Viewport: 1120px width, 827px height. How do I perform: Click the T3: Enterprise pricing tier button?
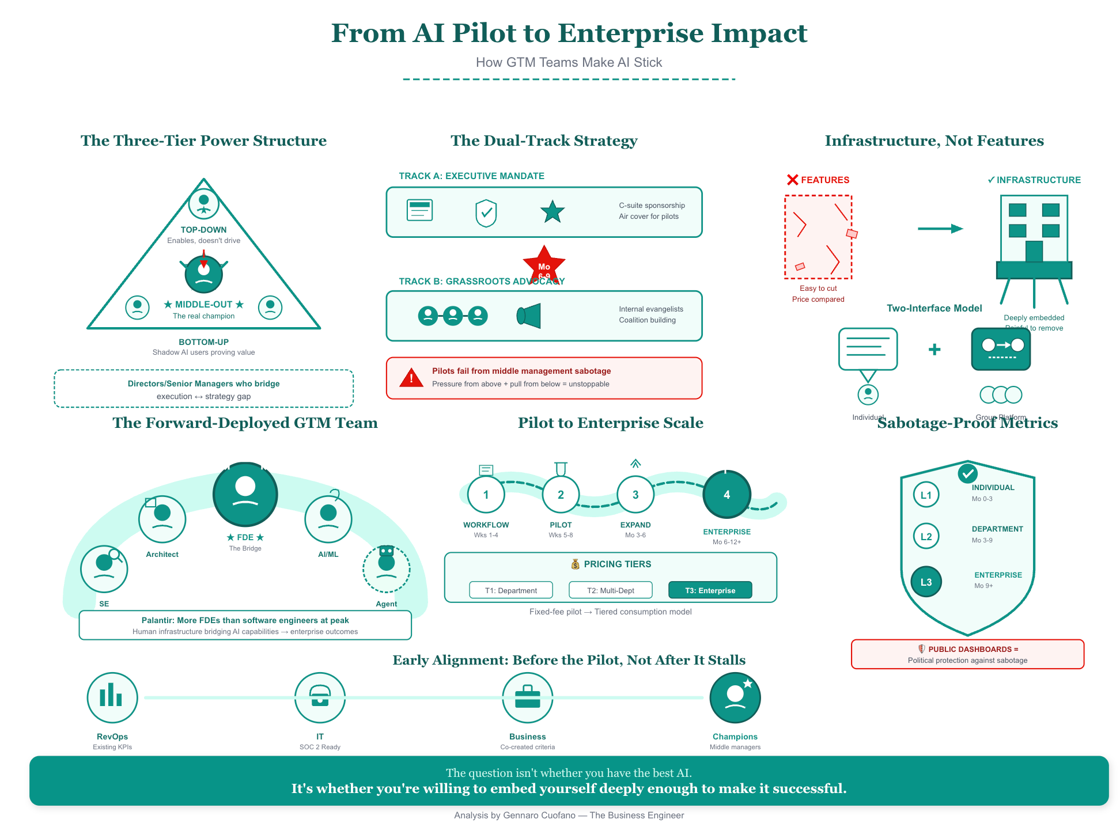pos(710,590)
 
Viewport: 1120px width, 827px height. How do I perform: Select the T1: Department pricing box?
pos(510,590)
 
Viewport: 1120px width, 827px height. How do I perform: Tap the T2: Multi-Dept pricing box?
pos(610,590)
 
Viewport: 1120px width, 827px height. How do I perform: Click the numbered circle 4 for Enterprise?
pos(727,495)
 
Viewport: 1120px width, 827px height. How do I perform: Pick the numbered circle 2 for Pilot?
pos(561,495)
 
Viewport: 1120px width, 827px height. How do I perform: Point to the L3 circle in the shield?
pos(926,582)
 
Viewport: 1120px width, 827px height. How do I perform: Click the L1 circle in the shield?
pos(926,495)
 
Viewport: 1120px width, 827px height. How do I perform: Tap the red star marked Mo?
pos(544,265)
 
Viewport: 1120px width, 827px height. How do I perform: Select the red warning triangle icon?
pos(411,378)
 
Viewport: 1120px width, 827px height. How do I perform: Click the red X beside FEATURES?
pos(792,180)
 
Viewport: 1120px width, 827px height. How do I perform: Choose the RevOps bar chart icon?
pos(112,697)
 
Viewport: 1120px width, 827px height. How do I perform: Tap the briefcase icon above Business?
pos(527,697)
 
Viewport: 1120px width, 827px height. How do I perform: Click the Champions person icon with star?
pos(735,697)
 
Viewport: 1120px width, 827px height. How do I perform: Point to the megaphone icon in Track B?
pos(529,316)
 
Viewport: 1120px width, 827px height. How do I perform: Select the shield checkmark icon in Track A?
pos(486,213)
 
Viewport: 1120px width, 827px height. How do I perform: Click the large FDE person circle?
pos(245,494)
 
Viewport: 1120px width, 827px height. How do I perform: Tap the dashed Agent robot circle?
pos(386,568)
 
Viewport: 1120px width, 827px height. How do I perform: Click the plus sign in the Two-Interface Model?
pos(934,349)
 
